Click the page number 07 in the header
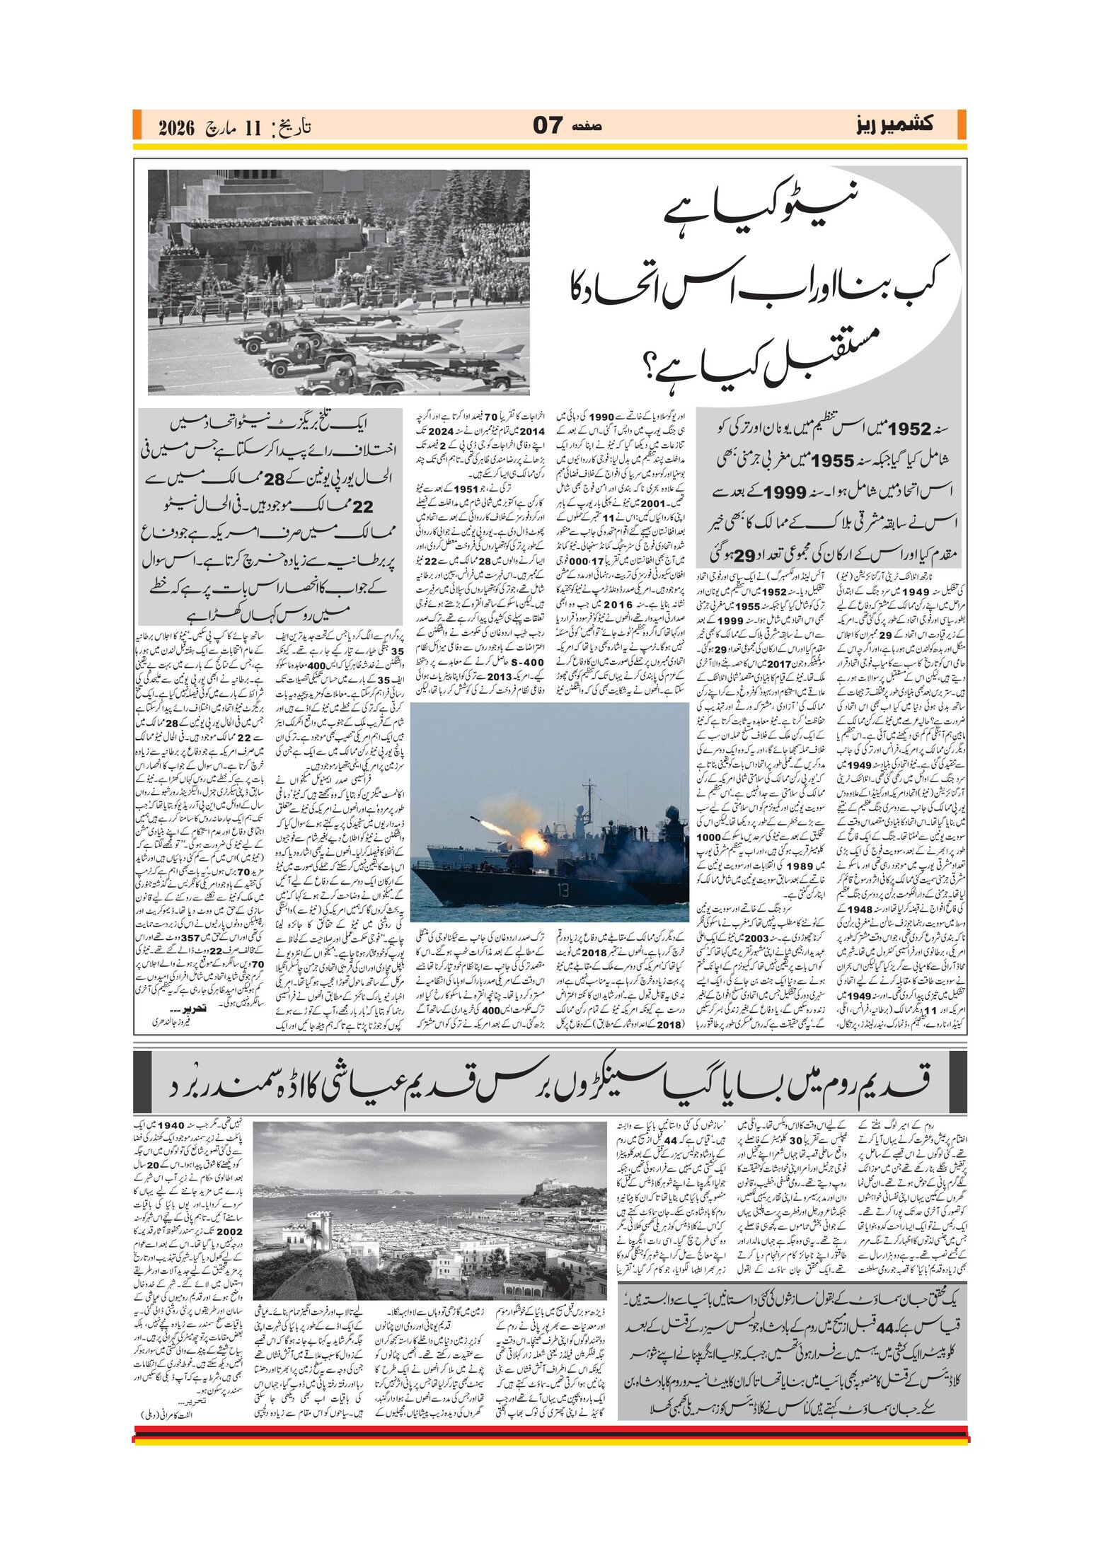pyautogui.click(x=548, y=127)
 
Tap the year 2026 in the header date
pyautogui.click(x=176, y=128)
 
